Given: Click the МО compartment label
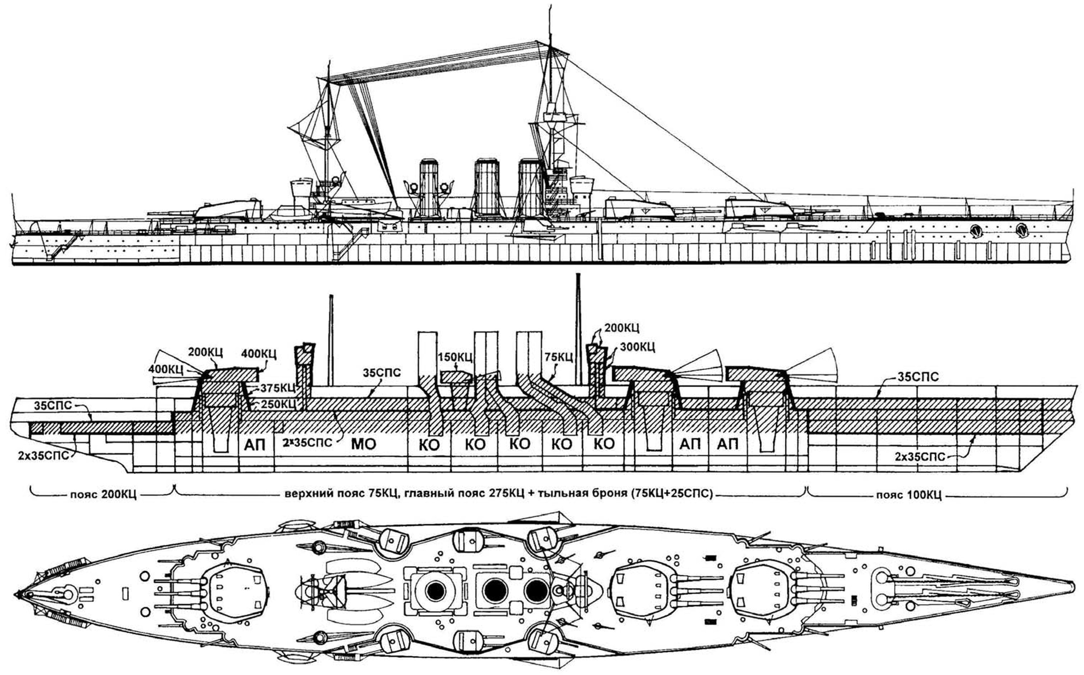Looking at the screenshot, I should [x=364, y=444].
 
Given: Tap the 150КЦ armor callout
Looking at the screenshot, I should [x=455, y=358].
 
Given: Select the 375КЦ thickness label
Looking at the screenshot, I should [x=278, y=387].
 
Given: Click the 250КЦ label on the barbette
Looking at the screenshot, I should [x=278, y=404].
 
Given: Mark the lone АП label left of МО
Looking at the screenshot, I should [x=255, y=445].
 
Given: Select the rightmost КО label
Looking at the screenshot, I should [x=604, y=444].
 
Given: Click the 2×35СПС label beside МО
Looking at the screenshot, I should [x=307, y=443].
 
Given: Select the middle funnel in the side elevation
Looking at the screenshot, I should [x=486, y=188].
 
